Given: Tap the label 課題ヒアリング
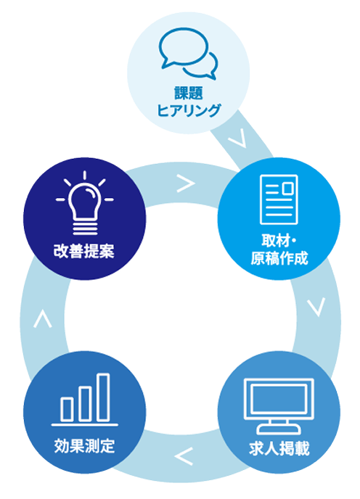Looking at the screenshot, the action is pyautogui.click(x=189, y=102).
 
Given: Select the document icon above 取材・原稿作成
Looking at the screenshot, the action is pyautogui.click(x=279, y=199).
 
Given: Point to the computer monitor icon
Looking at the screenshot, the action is pyautogui.click(x=279, y=406).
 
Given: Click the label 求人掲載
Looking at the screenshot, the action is pyautogui.click(x=279, y=448).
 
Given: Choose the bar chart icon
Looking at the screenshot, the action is pyautogui.click(x=85, y=400).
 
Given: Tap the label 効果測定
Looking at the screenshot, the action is pyautogui.click(x=84, y=445).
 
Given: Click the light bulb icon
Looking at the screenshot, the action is pyautogui.click(x=85, y=203).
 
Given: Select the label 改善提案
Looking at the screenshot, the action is pyautogui.click(x=84, y=251).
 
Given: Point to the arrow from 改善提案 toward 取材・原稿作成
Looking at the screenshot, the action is pyautogui.click(x=186, y=183).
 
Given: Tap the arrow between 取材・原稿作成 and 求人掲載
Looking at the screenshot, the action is pyautogui.click(x=316, y=307).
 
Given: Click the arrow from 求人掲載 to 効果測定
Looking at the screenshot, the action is pyautogui.click(x=184, y=456).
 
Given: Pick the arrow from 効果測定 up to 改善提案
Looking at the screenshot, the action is pyautogui.click(x=43, y=319).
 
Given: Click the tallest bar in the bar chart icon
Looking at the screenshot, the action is pyautogui.click(x=104, y=397).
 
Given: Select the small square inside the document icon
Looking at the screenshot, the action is pyautogui.click(x=288, y=188).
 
